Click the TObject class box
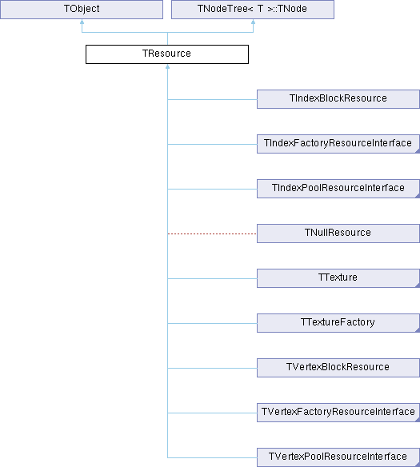82,10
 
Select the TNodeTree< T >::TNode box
253,10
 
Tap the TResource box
167,54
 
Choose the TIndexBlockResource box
338,99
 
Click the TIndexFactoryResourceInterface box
338,144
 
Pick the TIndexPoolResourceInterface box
338,189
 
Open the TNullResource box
338,233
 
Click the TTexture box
338,278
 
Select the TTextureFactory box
338,323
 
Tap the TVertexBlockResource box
338,368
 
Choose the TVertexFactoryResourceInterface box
338,413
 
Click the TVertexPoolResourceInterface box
338,457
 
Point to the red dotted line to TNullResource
212,233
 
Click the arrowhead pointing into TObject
82,22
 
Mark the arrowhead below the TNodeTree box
253,22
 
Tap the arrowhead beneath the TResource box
168,66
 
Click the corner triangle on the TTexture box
418,285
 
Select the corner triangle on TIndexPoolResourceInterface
418,196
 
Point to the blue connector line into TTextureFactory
212,323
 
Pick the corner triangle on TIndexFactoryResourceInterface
418,151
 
